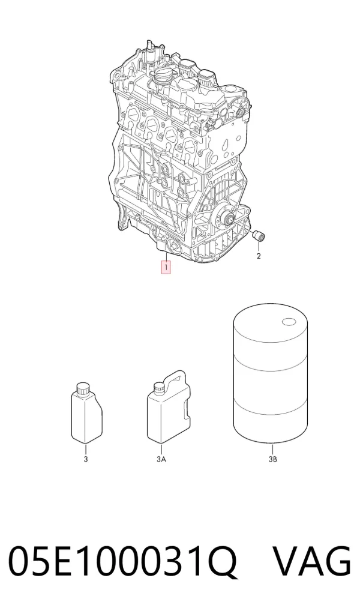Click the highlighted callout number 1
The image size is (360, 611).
pyautogui.click(x=166, y=268)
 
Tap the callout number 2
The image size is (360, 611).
pyautogui.click(x=259, y=256)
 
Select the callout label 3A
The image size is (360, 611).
pyautogui.click(x=161, y=459)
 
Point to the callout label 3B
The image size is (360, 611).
pyautogui.click(x=273, y=459)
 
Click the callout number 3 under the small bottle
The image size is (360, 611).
pyautogui.click(x=86, y=459)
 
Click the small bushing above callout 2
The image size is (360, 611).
pyautogui.click(x=259, y=235)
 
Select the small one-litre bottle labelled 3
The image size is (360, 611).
pyautogui.click(x=87, y=413)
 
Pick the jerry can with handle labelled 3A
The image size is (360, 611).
pyautogui.click(x=169, y=407)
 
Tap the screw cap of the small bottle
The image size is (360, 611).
pyautogui.click(x=83, y=388)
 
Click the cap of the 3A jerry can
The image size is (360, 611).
pyautogui.click(x=158, y=389)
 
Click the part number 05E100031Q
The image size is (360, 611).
pyautogui.click(x=123, y=561)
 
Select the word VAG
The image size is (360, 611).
pyautogui.click(x=311, y=561)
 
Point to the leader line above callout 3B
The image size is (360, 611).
pyautogui.click(x=273, y=450)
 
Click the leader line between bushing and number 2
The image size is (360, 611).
pyautogui.click(x=259, y=246)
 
